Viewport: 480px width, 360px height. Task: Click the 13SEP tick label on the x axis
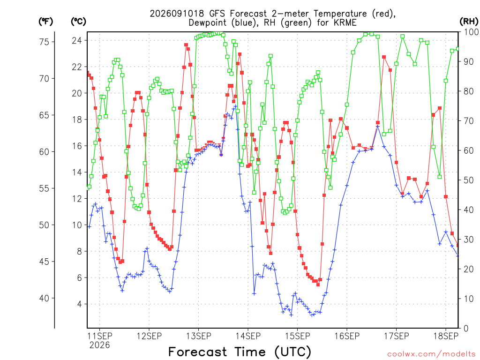tap(199, 336)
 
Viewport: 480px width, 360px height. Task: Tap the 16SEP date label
tap(347, 336)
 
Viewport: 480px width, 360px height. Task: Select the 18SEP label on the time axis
tap(446, 336)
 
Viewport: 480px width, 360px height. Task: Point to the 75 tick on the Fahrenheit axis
tap(44, 42)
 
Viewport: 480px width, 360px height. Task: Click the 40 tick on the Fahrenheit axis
tap(44, 298)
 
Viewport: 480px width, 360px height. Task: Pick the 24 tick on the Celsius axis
tap(77, 40)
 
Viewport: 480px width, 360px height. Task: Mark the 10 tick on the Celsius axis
tap(77, 225)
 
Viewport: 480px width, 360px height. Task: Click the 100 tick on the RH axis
tap(471, 32)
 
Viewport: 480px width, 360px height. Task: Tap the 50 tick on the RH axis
tap(469, 180)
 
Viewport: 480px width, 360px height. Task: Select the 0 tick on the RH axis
tap(466, 329)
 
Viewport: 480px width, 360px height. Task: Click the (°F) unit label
tap(45, 22)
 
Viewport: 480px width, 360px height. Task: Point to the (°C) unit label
tap(78, 22)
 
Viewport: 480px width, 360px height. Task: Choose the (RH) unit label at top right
tap(469, 22)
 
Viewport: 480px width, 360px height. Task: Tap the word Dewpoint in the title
tap(208, 23)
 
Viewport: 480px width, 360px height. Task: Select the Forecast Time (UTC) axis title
tap(240, 352)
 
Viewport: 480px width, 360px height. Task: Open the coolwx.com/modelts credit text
tap(431, 354)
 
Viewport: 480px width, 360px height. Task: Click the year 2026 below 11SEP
tap(99, 345)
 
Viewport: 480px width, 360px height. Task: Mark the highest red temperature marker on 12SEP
tap(186, 45)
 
